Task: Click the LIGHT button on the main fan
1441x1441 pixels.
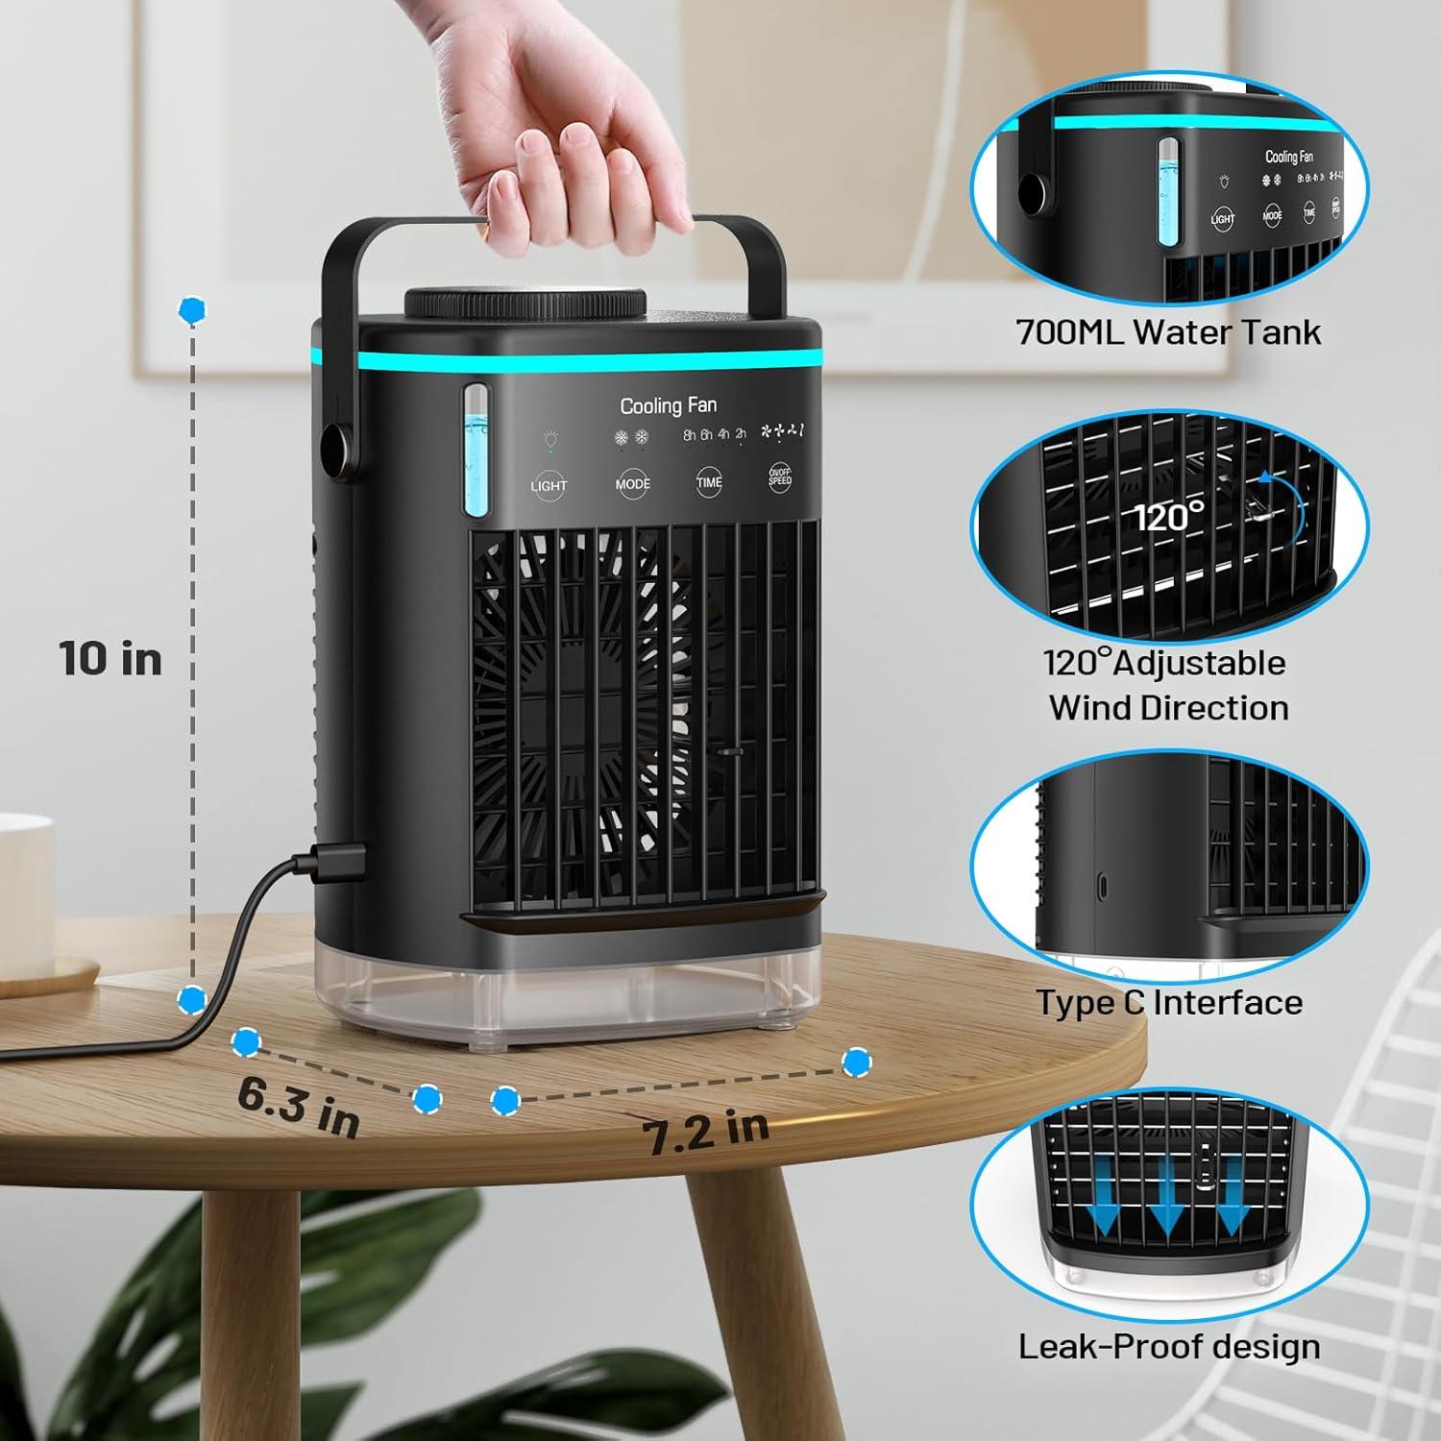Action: [x=549, y=484]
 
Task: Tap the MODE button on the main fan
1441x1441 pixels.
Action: [x=632, y=482]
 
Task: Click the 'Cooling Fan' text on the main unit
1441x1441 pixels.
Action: [x=668, y=405]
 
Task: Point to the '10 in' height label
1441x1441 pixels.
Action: [x=110, y=659]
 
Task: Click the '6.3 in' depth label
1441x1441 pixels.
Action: [x=299, y=1107]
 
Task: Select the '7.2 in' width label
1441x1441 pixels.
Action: [x=706, y=1132]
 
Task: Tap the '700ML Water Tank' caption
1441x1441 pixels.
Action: [x=1168, y=332]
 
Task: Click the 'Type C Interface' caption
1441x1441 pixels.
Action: [x=1169, y=1002]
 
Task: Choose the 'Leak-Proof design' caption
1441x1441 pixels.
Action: [x=1169, y=1346]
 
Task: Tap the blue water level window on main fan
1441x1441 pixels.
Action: [x=476, y=452]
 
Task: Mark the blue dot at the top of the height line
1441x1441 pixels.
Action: [x=192, y=309]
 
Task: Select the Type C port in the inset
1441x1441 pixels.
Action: [x=1102, y=884]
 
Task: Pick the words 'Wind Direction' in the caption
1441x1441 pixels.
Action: [x=1168, y=708]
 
